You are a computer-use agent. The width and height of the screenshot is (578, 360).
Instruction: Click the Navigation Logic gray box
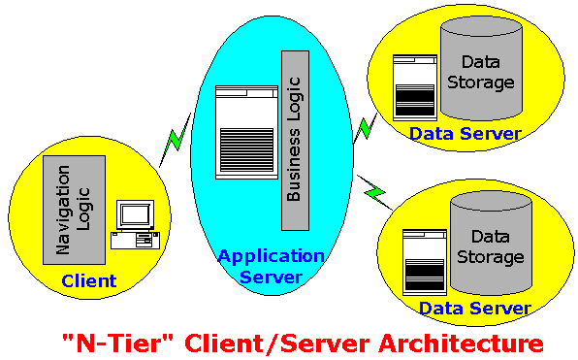point(74,210)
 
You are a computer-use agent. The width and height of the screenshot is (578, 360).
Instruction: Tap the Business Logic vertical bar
point(295,141)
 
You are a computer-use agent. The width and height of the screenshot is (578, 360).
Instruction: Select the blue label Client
point(89,281)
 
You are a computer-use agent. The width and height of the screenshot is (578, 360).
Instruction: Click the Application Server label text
point(272,266)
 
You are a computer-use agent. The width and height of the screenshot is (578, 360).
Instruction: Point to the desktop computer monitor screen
point(135,214)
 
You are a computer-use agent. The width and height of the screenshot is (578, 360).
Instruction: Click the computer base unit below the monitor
point(135,240)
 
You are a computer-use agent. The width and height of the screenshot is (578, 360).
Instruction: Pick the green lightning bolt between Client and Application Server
point(176,140)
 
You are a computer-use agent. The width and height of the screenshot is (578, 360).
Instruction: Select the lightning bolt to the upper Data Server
point(366,128)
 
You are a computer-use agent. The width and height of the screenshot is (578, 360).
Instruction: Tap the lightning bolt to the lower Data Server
point(374,192)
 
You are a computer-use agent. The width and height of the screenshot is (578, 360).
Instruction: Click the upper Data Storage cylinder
point(481,68)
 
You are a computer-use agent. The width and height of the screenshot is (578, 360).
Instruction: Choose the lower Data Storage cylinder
point(491,244)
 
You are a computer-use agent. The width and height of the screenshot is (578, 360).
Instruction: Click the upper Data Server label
point(466,134)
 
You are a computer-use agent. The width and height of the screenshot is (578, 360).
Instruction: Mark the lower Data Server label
point(475,308)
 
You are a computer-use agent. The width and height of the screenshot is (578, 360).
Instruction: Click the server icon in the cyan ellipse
point(246,132)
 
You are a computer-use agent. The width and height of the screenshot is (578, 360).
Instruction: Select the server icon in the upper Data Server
point(415,87)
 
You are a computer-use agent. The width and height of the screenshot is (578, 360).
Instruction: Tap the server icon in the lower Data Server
point(425,262)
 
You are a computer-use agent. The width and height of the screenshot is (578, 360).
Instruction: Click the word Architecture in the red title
point(461,344)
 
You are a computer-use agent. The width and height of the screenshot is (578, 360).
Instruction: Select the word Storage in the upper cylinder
point(481,83)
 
